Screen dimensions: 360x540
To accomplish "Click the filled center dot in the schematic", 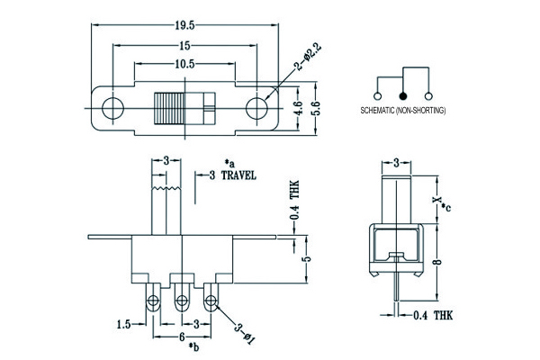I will click(403, 95).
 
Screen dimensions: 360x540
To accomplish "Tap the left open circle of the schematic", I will click(376, 95).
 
